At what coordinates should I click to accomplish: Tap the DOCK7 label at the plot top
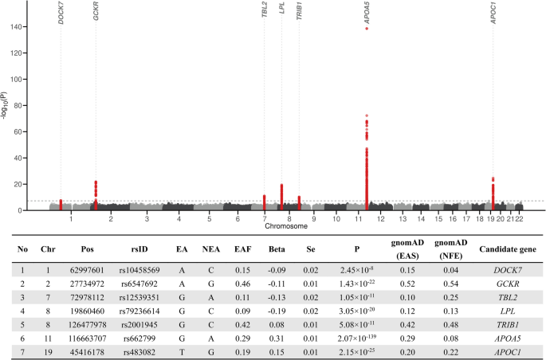point(61,14)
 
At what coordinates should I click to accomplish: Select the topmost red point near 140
point(367,29)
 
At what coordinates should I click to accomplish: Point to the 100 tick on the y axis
point(36,79)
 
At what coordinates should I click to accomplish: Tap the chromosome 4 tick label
point(179,218)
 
